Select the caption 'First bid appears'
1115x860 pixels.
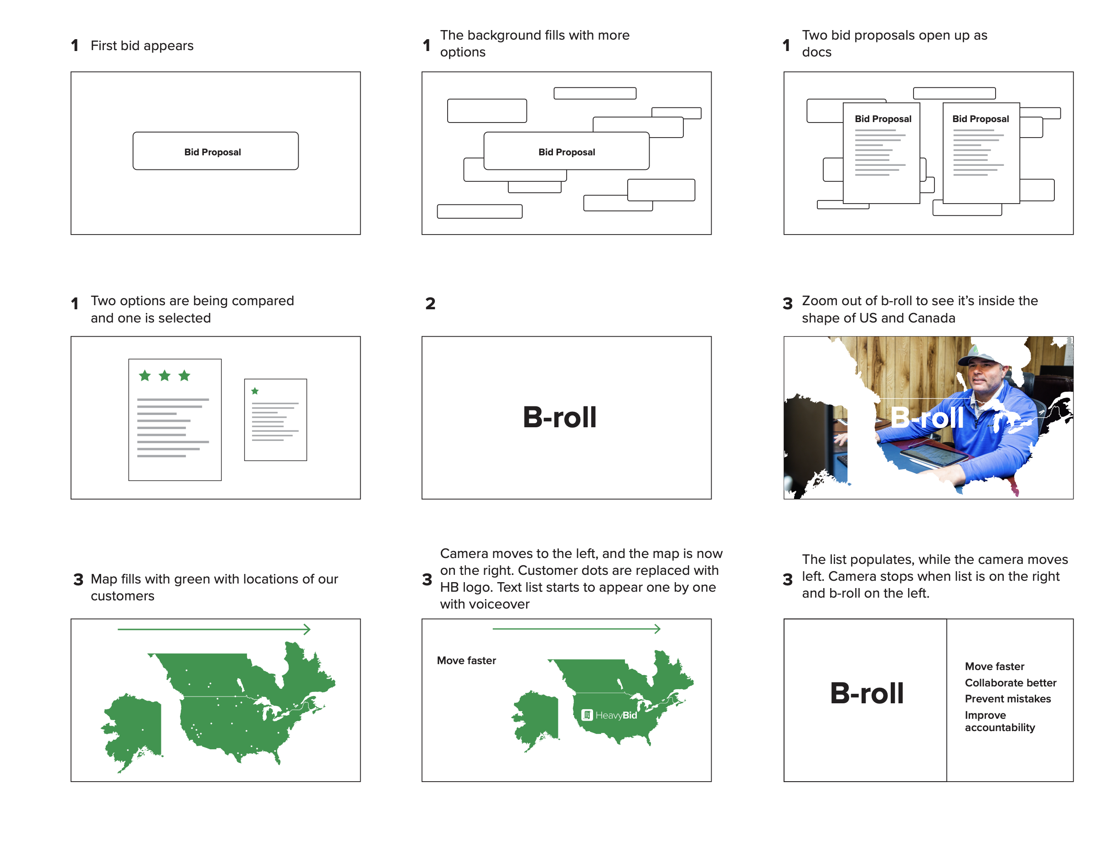(x=142, y=46)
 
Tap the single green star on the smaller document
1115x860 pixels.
(x=255, y=391)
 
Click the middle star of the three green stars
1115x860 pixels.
(x=165, y=376)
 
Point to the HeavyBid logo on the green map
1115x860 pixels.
(x=609, y=715)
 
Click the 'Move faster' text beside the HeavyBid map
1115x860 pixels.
(x=466, y=660)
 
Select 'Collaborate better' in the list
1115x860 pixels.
(x=1010, y=682)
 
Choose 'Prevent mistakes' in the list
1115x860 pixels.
(x=1007, y=699)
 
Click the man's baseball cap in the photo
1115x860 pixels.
(x=979, y=356)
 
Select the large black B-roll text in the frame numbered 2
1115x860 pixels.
(x=559, y=417)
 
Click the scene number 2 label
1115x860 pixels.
(x=430, y=303)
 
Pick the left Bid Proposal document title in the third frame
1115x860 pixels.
(x=883, y=119)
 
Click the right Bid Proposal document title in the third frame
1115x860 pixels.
(x=980, y=119)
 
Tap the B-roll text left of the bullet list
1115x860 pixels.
(x=867, y=693)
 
